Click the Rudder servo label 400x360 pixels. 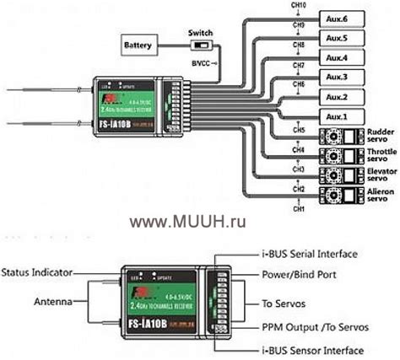[x=377, y=136]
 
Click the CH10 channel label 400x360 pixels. [x=299, y=6]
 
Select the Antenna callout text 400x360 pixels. [x=52, y=302]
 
